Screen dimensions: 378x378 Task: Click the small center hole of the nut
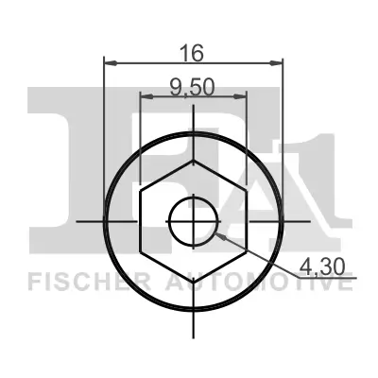(x=194, y=221)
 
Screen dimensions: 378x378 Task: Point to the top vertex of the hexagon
(x=194, y=160)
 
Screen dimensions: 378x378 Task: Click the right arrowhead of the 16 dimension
(x=278, y=63)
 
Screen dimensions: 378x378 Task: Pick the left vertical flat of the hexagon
(x=140, y=221)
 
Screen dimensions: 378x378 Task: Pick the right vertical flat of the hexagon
(x=247, y=221)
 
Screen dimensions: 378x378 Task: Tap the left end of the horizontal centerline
(x=76, y=221)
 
